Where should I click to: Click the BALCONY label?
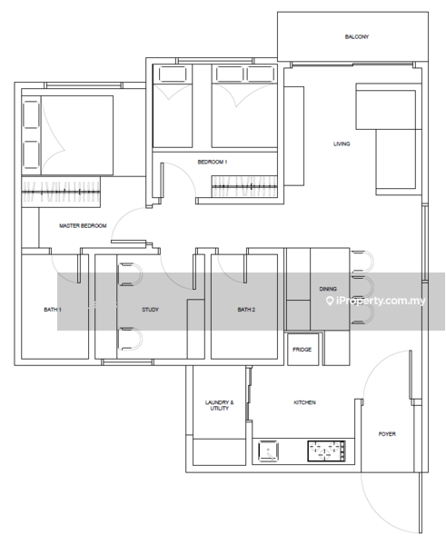pos(357,36)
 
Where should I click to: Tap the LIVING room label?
pos(342,144)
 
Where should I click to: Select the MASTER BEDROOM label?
pos(83,225)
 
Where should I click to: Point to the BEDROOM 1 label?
pos(213,162)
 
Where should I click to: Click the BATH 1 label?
pos(53,310)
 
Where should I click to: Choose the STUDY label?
pos(150,310)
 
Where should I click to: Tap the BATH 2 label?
pos(246,310)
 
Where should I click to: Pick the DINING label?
pos(328,289)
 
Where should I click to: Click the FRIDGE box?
pos(302,350)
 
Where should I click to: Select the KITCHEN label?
pos(304,402)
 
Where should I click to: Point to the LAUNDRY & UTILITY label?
pos(219,405)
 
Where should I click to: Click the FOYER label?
pos(387,434)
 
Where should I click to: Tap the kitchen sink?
pos(268,451)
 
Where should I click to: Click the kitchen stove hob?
pos(326,451)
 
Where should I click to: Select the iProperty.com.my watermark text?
pos(376,301)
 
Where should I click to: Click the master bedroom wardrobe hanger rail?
pos(61,192)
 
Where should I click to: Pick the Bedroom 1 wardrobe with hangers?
pos(244,186)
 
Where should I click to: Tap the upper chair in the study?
pos(130,274)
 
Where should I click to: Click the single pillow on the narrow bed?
pos(173,74)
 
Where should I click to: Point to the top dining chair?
pos(362,261)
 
